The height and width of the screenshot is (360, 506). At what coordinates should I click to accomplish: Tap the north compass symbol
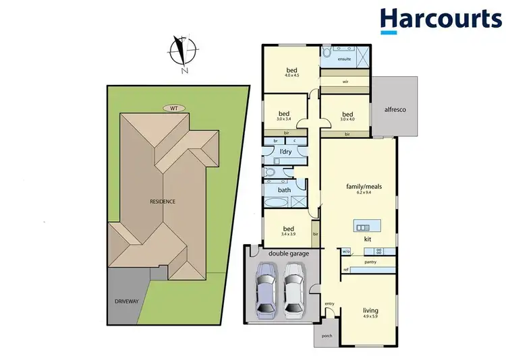183,53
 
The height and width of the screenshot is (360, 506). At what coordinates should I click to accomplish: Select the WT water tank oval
173,108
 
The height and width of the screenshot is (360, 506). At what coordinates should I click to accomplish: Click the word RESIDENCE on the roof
162,201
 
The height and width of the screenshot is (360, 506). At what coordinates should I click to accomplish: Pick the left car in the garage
266,290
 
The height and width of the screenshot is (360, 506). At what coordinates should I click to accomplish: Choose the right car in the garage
293,290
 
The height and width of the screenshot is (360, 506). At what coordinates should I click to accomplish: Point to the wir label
345,82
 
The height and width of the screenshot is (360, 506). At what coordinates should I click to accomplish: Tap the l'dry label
286,152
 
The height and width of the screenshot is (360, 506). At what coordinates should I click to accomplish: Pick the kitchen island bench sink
363,225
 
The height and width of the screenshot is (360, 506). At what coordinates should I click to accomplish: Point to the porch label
327,336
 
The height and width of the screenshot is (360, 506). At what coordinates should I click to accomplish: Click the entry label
329,303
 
